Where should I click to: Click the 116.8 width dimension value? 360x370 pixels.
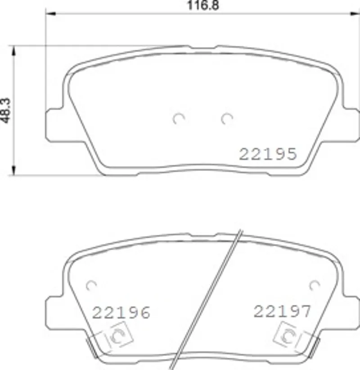203,5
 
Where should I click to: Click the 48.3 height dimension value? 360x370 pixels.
6,111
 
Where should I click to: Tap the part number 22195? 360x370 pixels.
268,154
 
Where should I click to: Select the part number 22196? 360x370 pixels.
121,312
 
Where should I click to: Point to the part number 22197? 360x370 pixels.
282,312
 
